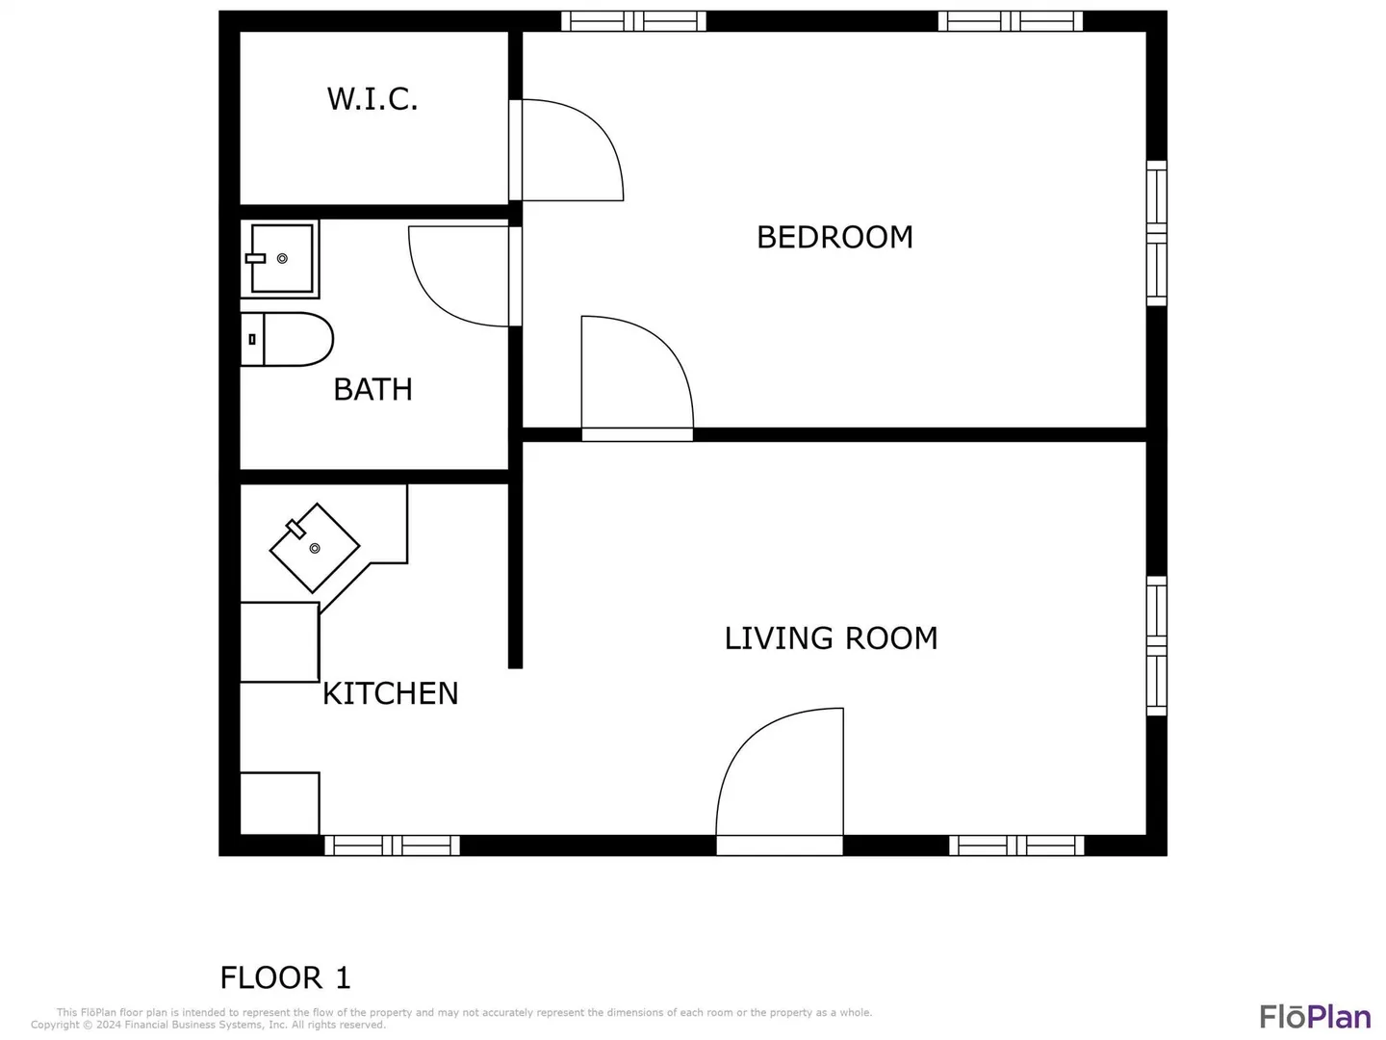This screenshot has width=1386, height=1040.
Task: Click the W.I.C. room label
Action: pyautogui.click(x=372, y=99)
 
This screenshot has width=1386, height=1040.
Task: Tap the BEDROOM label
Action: pyautogui.click(x=834, y=238)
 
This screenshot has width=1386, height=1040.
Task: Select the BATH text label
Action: pyautogui.click(x=372, y=389)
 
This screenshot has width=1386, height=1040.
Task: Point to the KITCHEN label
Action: pyautogui.click(x=390, y=693)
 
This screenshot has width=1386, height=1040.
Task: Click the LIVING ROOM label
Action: pyautogui.click(x=831, y=637)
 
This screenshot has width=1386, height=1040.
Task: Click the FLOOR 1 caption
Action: pyautogui.click(x=285, y=977)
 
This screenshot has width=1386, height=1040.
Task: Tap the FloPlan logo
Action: pyautogui.click(x=1316, y=1017)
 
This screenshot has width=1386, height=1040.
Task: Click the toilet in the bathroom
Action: pyautogui.click(x=287, y=339)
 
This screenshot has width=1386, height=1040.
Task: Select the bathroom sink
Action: pyautogui.click(x=280, y=258)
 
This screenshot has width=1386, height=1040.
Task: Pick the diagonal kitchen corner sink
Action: pyautogui.click(x=315, y=548)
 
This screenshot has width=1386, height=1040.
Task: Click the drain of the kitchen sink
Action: pyautogui.click(x=315, y=548)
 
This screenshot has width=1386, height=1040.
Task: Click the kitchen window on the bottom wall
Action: pyautogui.click(x=392, y=845)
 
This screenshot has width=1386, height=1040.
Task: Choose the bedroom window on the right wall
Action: pyautogui.click(x=1156, y=233)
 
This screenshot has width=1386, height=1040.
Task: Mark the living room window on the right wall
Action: pyautogui.click(x=1156, y=645)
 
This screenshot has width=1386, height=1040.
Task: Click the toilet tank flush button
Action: pyautogui.click(x=252, y=339)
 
